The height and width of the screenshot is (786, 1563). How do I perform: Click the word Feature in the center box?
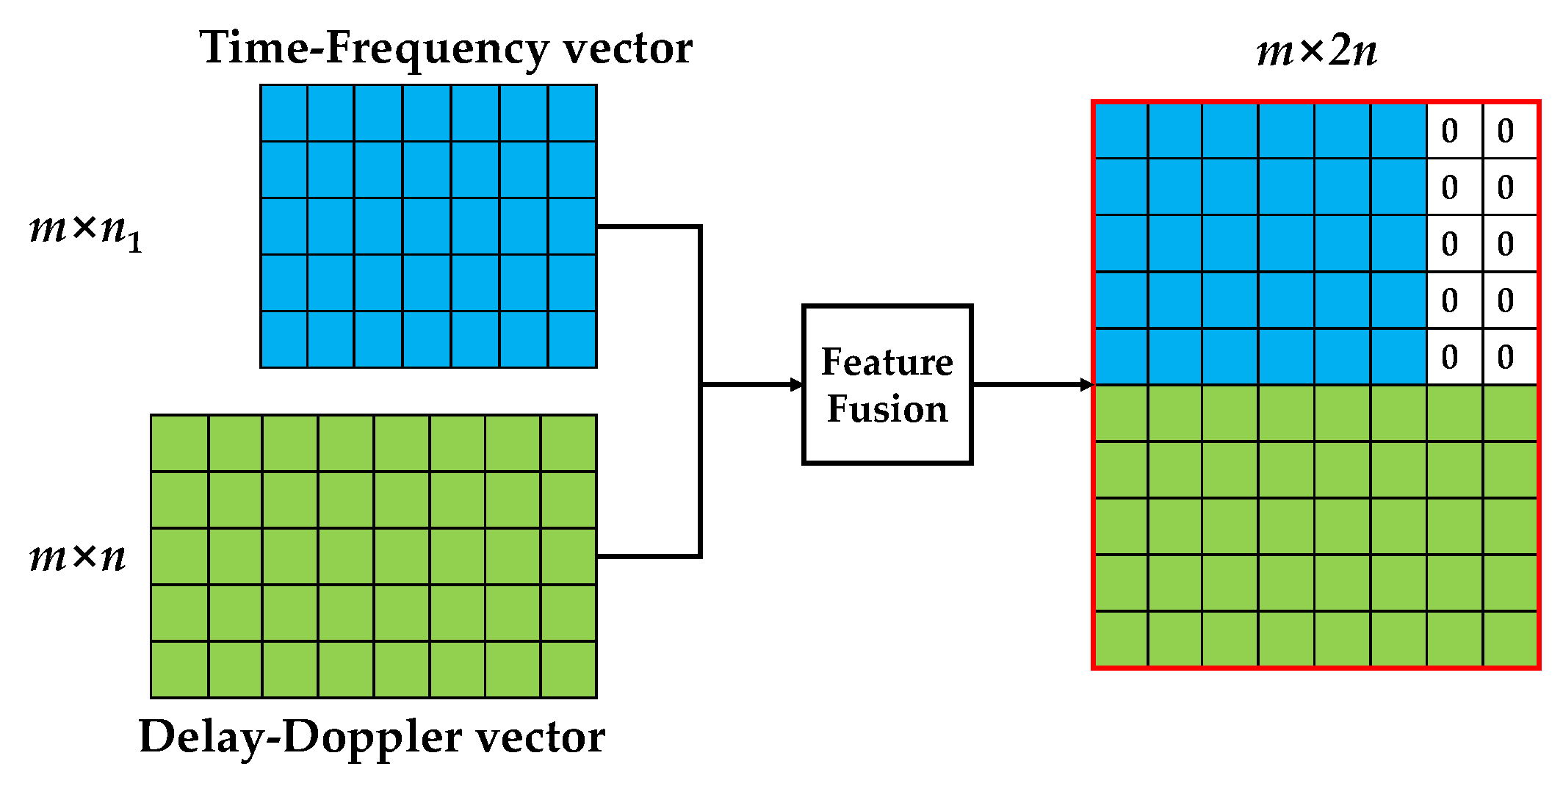[887, 361]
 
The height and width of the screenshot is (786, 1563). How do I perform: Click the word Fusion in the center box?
[887, 409]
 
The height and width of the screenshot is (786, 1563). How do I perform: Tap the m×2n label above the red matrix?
[1316, 51]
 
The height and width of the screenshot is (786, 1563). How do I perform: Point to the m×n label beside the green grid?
[77, 557]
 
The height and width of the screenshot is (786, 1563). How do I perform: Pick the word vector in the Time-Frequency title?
[628, 48]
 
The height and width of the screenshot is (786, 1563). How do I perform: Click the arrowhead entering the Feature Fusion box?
[797, 384]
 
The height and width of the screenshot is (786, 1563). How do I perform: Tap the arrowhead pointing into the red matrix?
[1087, 384]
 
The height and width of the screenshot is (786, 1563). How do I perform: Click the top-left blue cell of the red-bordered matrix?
[1122, 131]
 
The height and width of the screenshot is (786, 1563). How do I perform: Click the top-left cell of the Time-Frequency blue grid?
[284, 113]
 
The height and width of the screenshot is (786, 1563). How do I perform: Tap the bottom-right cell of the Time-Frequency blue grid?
[572, 339]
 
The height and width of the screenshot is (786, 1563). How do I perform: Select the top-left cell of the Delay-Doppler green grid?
[180, 443]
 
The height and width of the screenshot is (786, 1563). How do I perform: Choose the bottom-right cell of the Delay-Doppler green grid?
[568, 669]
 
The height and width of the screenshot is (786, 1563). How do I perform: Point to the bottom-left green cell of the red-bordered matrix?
[1122, 638]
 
